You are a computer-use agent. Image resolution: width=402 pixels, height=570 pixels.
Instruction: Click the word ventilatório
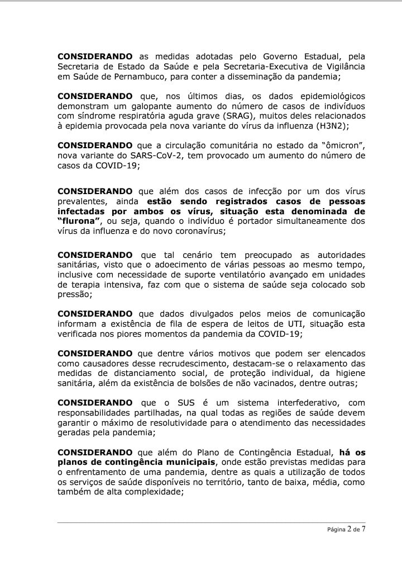(x=250, y=275)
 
